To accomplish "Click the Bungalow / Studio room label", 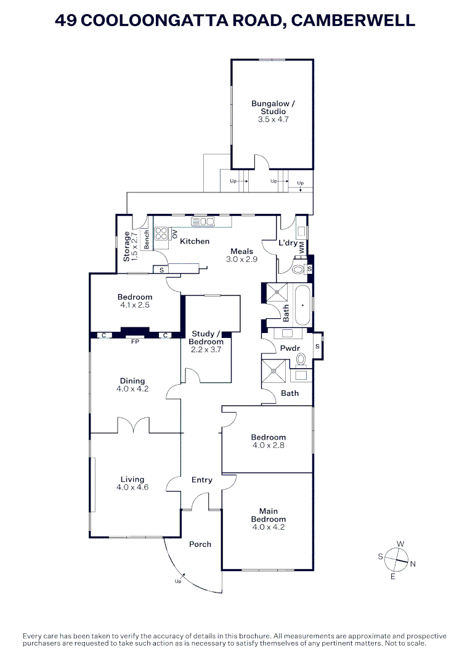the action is (273, 107).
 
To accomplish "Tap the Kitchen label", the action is (195, 241).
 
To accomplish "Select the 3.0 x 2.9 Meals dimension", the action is (242, 259).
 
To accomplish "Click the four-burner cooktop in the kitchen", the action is (161, 234).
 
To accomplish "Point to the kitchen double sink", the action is (203, 221).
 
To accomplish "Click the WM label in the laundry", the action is (302, 248).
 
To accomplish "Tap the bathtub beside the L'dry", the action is (302, 305).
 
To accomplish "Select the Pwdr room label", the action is (290, 348).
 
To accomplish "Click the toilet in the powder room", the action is (301, 360).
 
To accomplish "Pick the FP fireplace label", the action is (135, 341).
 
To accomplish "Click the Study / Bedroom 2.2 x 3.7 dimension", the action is (206, 350).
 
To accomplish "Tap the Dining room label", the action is (132, 381).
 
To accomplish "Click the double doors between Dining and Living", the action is (133, 425).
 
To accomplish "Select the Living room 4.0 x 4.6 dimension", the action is (132, 487).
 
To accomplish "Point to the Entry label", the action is (202, 480).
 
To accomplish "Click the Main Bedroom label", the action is (269, 515).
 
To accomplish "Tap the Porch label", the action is (200, 544).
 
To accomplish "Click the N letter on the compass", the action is (413, 564).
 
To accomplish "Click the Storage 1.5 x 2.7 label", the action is (131, 246).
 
